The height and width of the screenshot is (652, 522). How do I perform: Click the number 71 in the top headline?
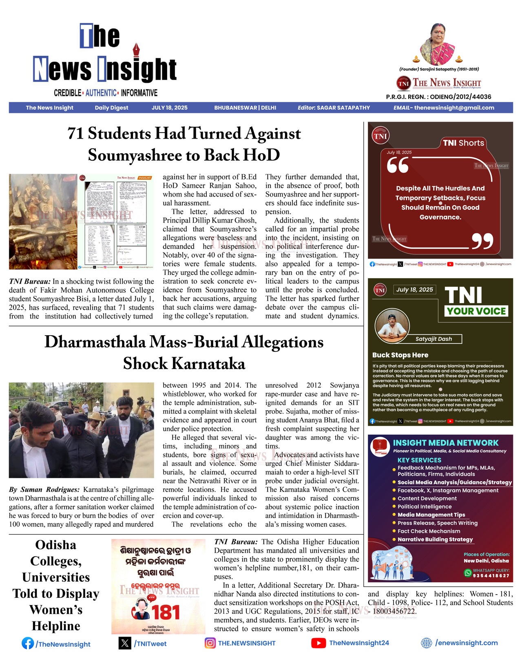tap(76, 134)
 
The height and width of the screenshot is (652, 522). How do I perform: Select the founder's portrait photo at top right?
tap(437, 44)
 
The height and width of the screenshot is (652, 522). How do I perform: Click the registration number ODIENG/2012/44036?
tap(460, 97)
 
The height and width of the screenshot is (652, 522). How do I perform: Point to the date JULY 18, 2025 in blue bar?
tap(169, 108)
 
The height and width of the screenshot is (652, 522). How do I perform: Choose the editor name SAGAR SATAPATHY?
tap(343, 108)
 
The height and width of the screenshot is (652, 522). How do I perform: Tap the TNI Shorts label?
tap(463, 143)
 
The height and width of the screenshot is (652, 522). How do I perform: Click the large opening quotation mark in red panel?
tap(398, 165)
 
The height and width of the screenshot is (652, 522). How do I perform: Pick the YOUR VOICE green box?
tap(476, 311)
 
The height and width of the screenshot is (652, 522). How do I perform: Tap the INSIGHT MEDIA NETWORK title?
tap(445, 443)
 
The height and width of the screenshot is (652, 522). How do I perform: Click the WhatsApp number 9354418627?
tap(491, 576)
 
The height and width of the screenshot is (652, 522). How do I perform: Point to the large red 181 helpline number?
tap(166, 613)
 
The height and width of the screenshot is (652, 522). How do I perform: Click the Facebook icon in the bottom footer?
tap(28, 643)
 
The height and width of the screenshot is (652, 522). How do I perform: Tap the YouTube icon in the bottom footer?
tap(318, 643)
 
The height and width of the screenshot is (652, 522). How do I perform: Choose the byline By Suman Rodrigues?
tap(44, 489)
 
